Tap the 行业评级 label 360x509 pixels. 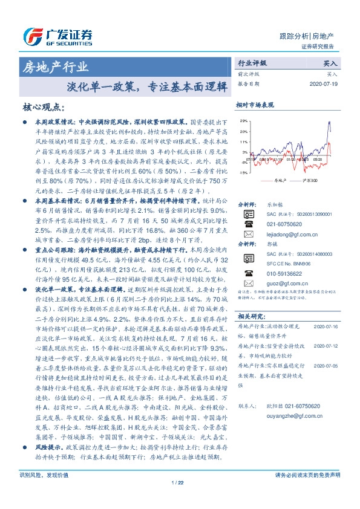(x=252, y=63)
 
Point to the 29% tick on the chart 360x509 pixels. (x=243, y=121)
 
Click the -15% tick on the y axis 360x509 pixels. (x=243, y=172)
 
